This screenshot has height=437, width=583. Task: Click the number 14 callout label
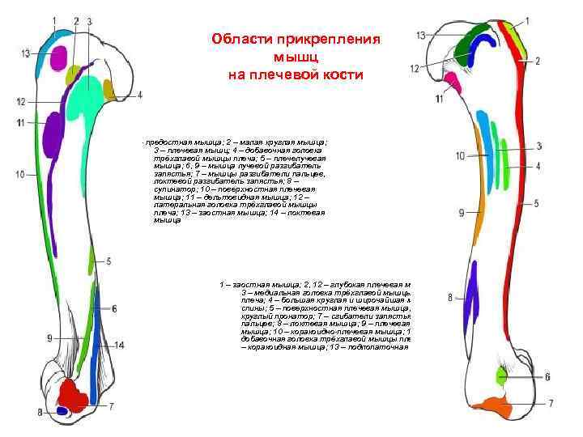tap(119, 346)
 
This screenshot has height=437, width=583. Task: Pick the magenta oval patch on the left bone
tap(57, 57)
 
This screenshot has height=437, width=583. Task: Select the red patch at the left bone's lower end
tap(74, 396)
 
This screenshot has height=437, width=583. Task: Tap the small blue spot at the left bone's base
tap(62, 411)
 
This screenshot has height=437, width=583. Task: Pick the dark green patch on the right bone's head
tap(465, 50)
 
